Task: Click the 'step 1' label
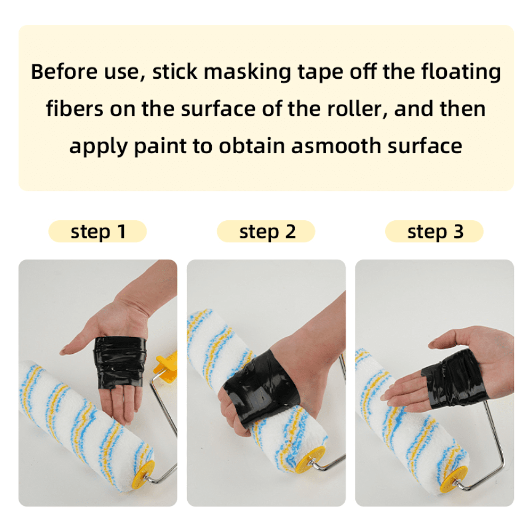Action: [98, 232]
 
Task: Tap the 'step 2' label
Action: [267, 232]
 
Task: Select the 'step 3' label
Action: [435, 232]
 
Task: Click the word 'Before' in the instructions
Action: [64, 72]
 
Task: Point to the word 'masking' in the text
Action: [247, 72]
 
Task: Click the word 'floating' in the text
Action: [461, 72]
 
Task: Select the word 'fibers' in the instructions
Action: [74, 109]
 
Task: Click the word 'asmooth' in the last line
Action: [336, 146]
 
